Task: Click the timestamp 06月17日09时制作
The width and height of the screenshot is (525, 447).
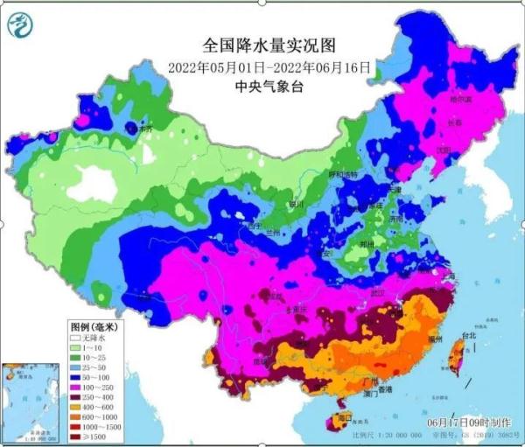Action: (x=464, y=422)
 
